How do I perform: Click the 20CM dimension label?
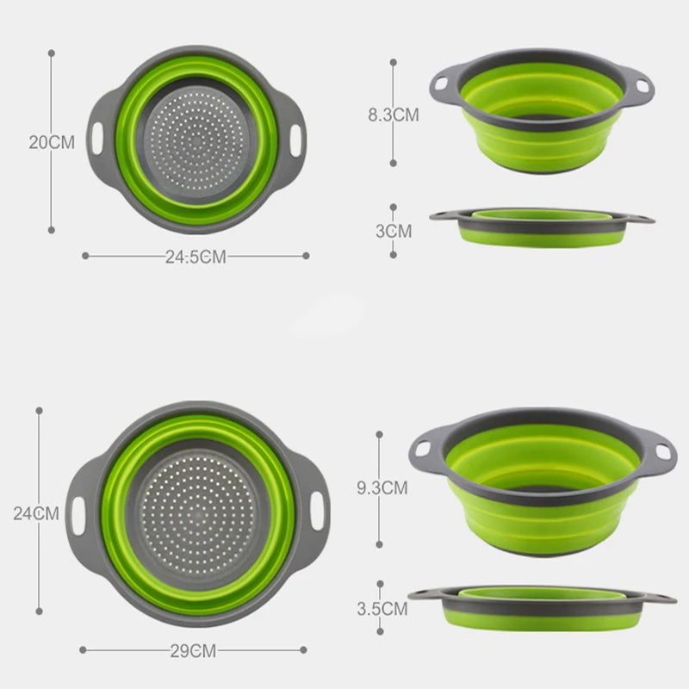coord(52,142)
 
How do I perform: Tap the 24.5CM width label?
coord(196,257)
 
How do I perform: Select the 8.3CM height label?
coord(393,115)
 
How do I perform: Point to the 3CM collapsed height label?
coord(393,231)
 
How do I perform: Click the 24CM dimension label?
coord(36,513)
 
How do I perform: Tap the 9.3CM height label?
coord(382,488)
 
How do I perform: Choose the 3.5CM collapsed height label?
coord(382,610)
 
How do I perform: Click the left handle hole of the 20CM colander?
coord(96,136)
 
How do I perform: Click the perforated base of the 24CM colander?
coord(197,514)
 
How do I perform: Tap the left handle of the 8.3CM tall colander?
coord(442,84)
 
